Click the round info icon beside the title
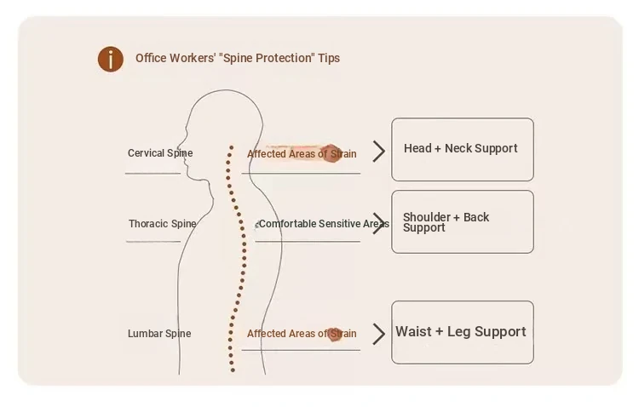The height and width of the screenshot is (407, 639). tap(110, 59)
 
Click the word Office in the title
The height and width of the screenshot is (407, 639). tap(151, 59)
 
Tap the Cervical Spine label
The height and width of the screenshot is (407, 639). tap(160, 153)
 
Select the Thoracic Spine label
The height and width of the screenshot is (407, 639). tap(162, 224)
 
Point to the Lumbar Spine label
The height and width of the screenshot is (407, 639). tap(159, 334)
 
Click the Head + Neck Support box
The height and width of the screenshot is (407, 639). tap(462, 149)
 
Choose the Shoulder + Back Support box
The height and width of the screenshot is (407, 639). tap(462, 221)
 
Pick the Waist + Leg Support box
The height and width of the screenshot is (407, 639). tap(462, 332)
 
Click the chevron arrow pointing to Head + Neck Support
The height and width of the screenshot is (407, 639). tap(379, 152)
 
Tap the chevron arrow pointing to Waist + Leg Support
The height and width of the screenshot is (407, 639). tap(379, 335)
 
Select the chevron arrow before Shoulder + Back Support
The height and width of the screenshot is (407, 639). tap(379, 224)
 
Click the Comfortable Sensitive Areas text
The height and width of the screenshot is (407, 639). tap(323, 224)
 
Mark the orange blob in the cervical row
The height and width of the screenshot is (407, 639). tap(332, 153)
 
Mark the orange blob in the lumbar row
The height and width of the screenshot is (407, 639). tap(335, 334)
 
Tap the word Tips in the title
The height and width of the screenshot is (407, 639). tap(329, 59)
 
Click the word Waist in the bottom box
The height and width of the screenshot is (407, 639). tap(413, 332)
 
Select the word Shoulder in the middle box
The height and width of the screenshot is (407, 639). tap(427, 217)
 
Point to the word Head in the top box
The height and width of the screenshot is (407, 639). tap(417, 148)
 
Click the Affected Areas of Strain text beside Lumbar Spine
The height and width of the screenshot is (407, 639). tap(302, 334)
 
